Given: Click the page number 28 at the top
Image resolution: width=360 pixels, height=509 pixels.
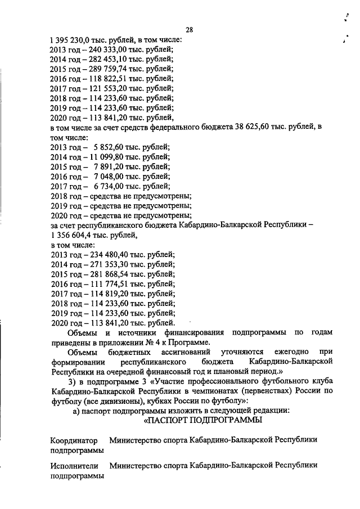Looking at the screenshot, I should pyautogui.click(x=190, y=30).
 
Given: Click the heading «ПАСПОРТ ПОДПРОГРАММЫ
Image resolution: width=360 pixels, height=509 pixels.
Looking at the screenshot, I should pyautogui.click(x=203, y=420).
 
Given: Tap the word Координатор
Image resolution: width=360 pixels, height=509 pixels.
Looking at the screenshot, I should pyautogui.click(x=74, y=440).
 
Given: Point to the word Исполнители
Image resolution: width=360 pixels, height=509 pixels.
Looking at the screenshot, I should pyautogui.click(x=74, y=466).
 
